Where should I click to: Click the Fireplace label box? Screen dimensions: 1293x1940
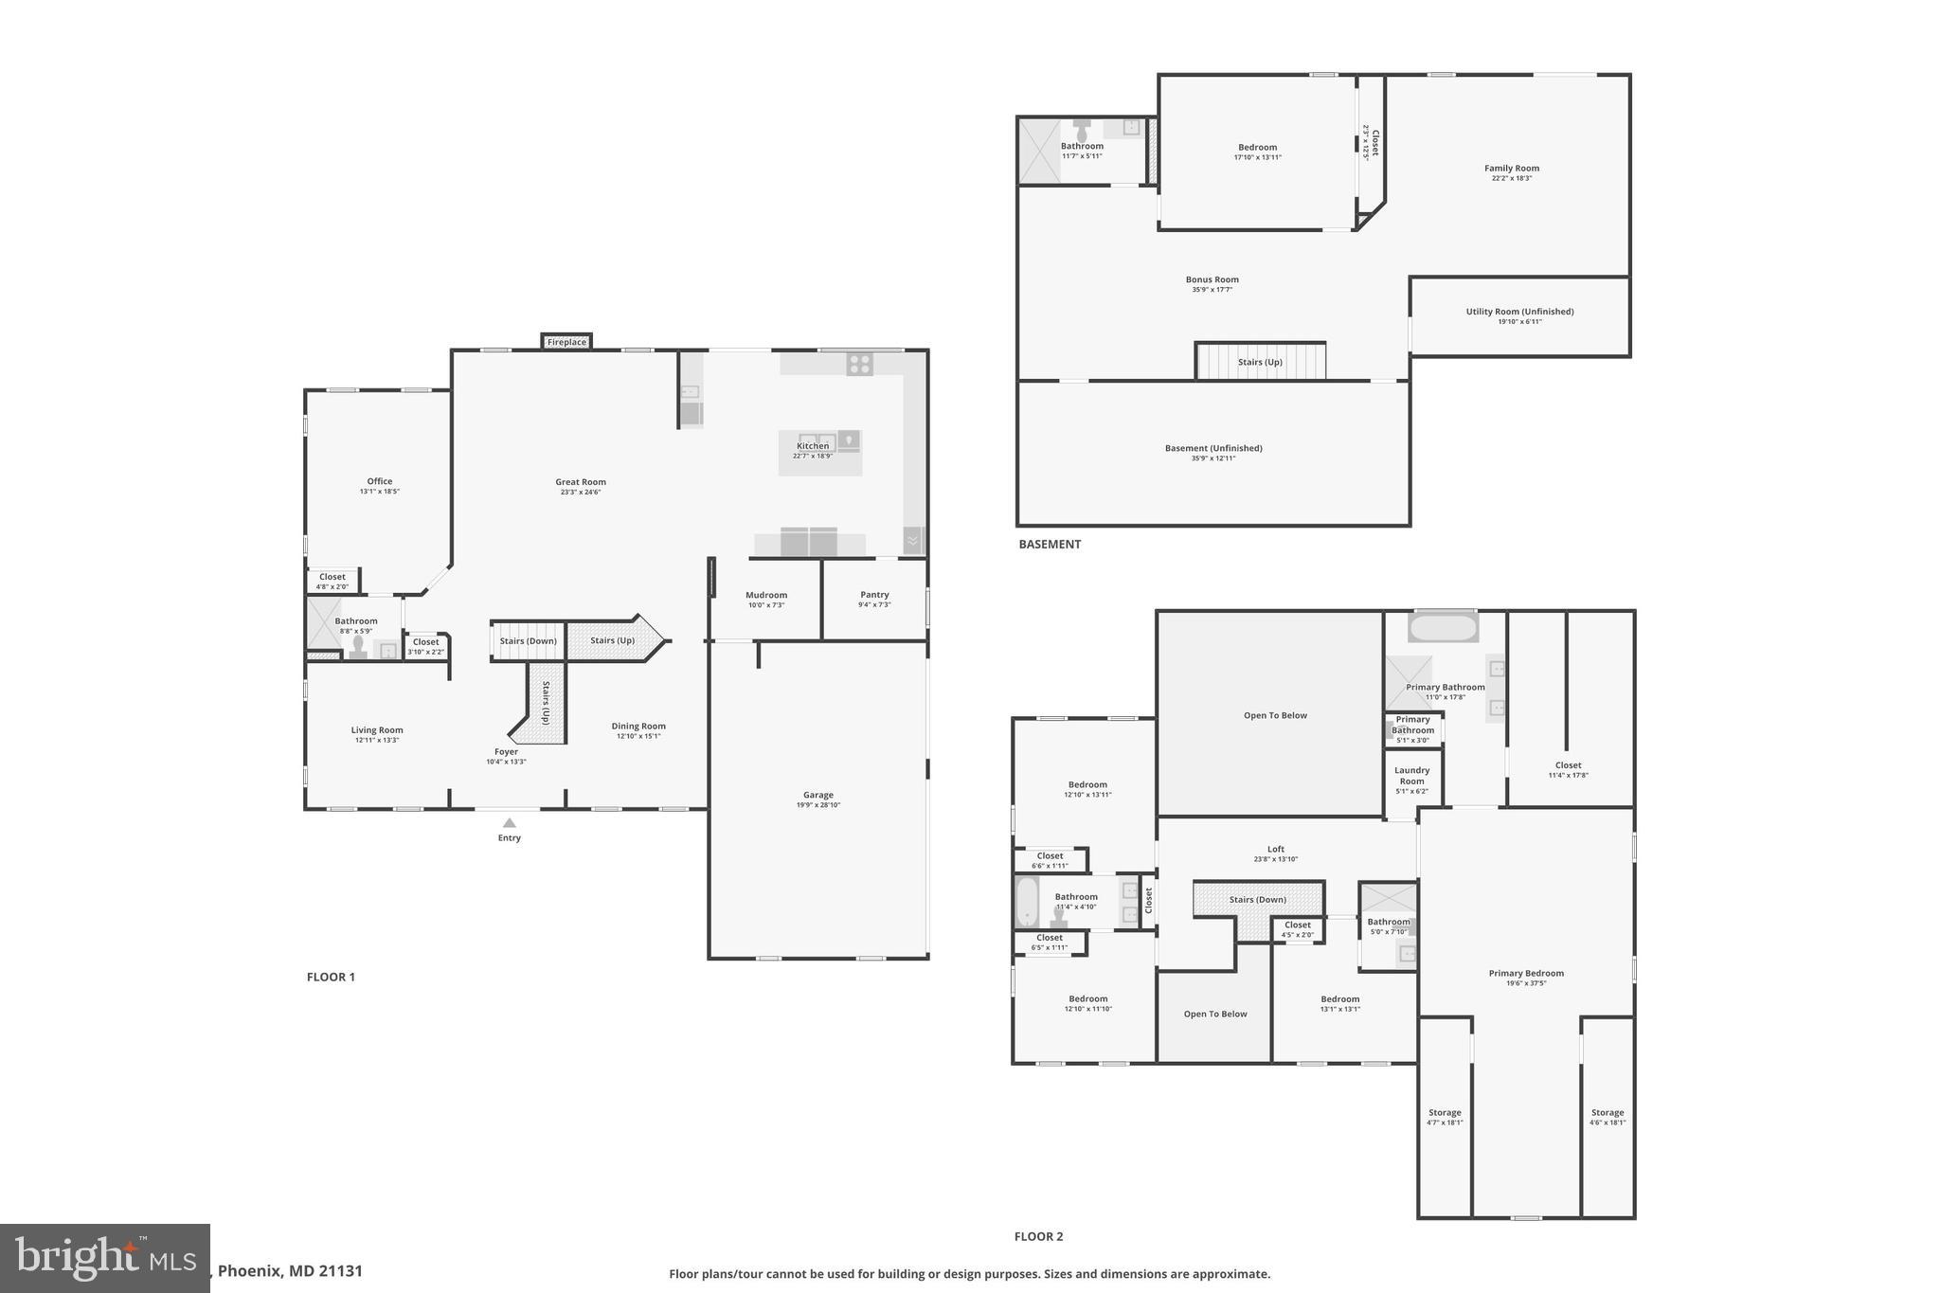click(x=566, y=342)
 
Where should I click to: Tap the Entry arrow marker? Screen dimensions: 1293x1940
click(x=510, y=823)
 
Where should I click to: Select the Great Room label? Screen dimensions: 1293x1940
click(x=581, y=482)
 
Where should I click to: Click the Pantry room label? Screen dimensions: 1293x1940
click(x=874, y=595)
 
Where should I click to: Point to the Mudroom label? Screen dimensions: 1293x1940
click(x=766, y=595)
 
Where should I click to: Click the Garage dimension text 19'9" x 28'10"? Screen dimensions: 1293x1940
click(x=818, y=805)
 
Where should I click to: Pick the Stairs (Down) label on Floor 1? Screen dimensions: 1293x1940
click(x=528, y=641)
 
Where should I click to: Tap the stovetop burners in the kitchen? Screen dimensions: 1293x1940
click(x=860, y=364)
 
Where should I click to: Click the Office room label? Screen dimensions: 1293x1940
click(x=380, y=481)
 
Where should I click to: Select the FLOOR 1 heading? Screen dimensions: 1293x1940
click(x=331, y=977)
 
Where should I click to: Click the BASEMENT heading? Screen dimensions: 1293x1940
click(x=1050, y=544)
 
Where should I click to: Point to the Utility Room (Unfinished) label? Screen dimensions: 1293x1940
click(x=1519, y=312)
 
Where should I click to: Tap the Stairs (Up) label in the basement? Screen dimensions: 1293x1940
click(x=1260, y=362)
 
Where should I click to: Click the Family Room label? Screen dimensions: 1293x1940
click(x=1512, y=169)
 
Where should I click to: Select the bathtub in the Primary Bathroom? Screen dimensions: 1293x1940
click(x=1443, y=628)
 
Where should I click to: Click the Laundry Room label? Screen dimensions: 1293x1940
click(x=1411, y=776)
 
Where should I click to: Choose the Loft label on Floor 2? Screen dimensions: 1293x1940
click(x=1276, y=849)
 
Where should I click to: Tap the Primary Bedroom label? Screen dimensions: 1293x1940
click(x=1526, y=973)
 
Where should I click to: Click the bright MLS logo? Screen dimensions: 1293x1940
click(x=104, y=1258)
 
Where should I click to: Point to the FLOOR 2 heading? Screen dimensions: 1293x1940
click(x=1038, y=1236)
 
